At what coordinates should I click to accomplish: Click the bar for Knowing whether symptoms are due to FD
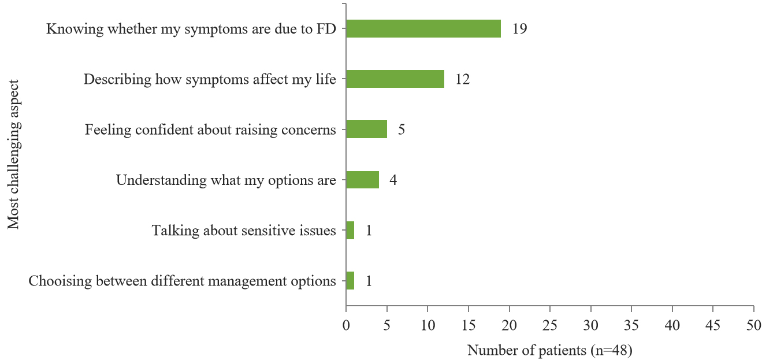point(423,28)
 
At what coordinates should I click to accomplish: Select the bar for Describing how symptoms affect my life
point(395,79)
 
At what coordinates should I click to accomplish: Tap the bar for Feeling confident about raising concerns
point(366,129)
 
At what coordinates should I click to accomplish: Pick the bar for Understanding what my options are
point(362,180)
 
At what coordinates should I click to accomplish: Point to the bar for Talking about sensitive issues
point(350,231)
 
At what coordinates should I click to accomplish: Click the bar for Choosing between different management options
point(350,281)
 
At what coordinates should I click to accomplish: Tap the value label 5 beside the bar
point(401,130)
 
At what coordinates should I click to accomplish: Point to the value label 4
point(393,180)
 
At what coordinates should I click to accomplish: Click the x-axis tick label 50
point(753,326)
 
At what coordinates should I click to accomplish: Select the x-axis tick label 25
point(549,326)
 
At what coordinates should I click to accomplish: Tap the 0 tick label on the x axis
point(345,326)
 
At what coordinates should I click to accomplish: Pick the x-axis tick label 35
point(631,326)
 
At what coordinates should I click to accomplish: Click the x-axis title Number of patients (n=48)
point(549,350)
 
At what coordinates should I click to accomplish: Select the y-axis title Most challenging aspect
point(14,154)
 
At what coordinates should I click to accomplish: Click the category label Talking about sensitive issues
point(243,231)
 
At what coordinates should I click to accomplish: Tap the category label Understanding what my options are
point(225,180)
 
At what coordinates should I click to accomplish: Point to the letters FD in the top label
point(327,29)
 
